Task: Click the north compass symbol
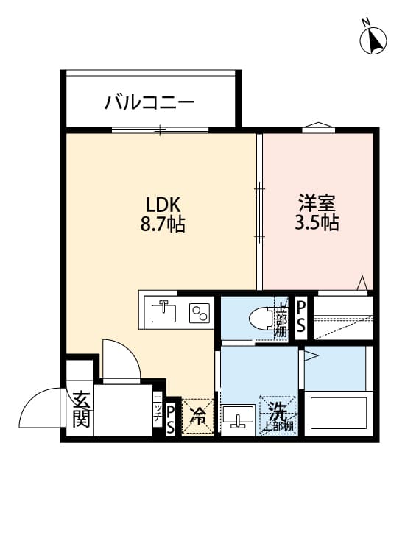point(374,39)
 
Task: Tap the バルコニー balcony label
point(149,101)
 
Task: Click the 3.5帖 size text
point(317,222)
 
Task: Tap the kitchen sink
point(164,312)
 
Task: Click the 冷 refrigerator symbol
point(197,417)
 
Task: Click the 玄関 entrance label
point(80,409)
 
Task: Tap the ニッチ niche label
point(157,407)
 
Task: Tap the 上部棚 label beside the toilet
point(281,319)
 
